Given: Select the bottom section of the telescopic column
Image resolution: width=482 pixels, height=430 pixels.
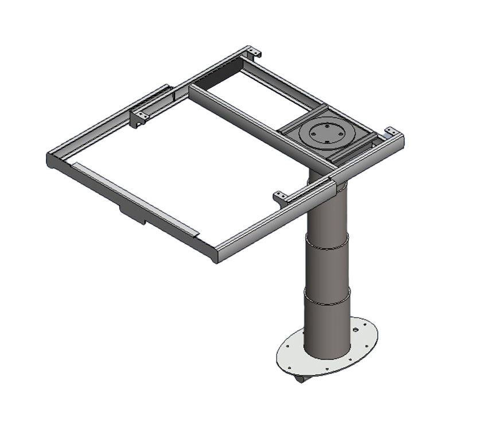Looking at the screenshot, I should click(326, 327).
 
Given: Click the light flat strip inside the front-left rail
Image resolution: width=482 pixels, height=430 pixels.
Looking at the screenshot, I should click(135, 198).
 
